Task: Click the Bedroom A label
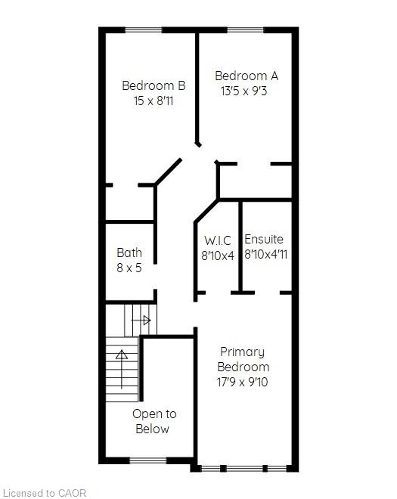coord(247,76)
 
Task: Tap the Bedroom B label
coord(154,85)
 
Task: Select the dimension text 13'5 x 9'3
coord(243,91)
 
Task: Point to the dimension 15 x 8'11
coord(154,101)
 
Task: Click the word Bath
coord(129,253)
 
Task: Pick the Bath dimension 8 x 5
coord(129,268)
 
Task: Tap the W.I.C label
coord(218,240)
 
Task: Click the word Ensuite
coord(264,239)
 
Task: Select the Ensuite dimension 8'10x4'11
coord(266,254)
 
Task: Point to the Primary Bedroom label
coord(243,359)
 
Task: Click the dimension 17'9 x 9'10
coord(242,382)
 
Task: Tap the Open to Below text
coord(154,421)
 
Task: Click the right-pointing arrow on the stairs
coord(141,320)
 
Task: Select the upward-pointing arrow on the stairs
coord(122,369)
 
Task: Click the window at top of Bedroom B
coord(143,30)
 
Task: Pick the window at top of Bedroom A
coord(246,30)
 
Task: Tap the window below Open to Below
coord(148,460)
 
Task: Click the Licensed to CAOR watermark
coord(44,493)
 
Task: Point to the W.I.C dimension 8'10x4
coord(218,256)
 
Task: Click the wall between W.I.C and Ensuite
coord(240,246)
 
